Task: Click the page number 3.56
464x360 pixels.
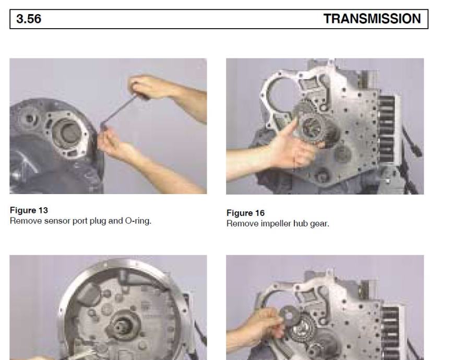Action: pos(29,19)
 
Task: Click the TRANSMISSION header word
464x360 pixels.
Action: pos(372,19)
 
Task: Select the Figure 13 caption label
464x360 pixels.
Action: pos(29,210)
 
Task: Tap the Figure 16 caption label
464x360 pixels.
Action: pos(245,213)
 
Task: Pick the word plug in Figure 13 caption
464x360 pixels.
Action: pos(98,221)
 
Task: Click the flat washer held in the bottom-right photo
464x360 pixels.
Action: pos(288,316)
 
